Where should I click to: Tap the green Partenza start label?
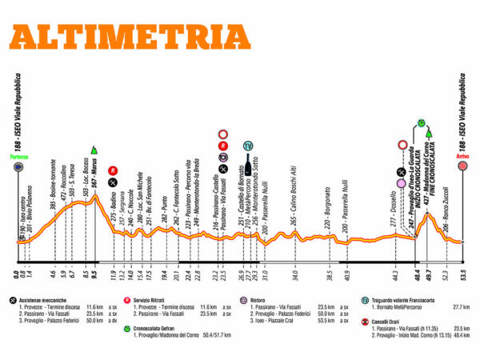pyautogui.click(x=19, y=156)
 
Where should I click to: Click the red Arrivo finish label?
pyautogui.click(x=462, y=157)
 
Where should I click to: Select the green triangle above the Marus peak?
pyautogui.click(x=95, y=149)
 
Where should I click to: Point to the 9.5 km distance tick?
pyautogui.click(x=95, y=278)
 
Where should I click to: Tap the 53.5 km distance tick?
pyautogui.click(x=462, y=278)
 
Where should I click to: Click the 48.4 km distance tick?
pyautogui.click(x=418, y=278)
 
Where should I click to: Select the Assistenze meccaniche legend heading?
pyautogui.click(x=51, y=300)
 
